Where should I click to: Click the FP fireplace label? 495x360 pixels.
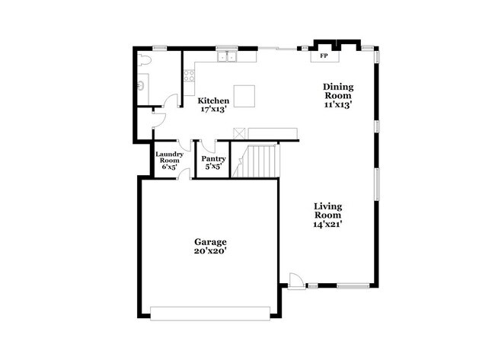tap(323, 56)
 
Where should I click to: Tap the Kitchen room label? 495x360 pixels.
tap(214, 100)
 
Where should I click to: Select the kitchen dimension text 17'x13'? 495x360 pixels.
tap(214, 110)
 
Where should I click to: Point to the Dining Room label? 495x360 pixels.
tap(337, 92)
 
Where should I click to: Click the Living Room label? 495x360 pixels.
tap(329, 211)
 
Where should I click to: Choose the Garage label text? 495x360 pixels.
tap(209, 242)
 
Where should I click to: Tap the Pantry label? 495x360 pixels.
tap(212, 159)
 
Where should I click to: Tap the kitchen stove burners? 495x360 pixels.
tap(187, 75)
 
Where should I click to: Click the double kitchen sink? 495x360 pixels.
tap(226, 56)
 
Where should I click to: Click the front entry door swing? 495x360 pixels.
tap(296, 279)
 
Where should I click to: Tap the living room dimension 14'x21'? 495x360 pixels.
tap(329, 224)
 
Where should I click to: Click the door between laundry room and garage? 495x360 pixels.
tap(182, 174)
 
